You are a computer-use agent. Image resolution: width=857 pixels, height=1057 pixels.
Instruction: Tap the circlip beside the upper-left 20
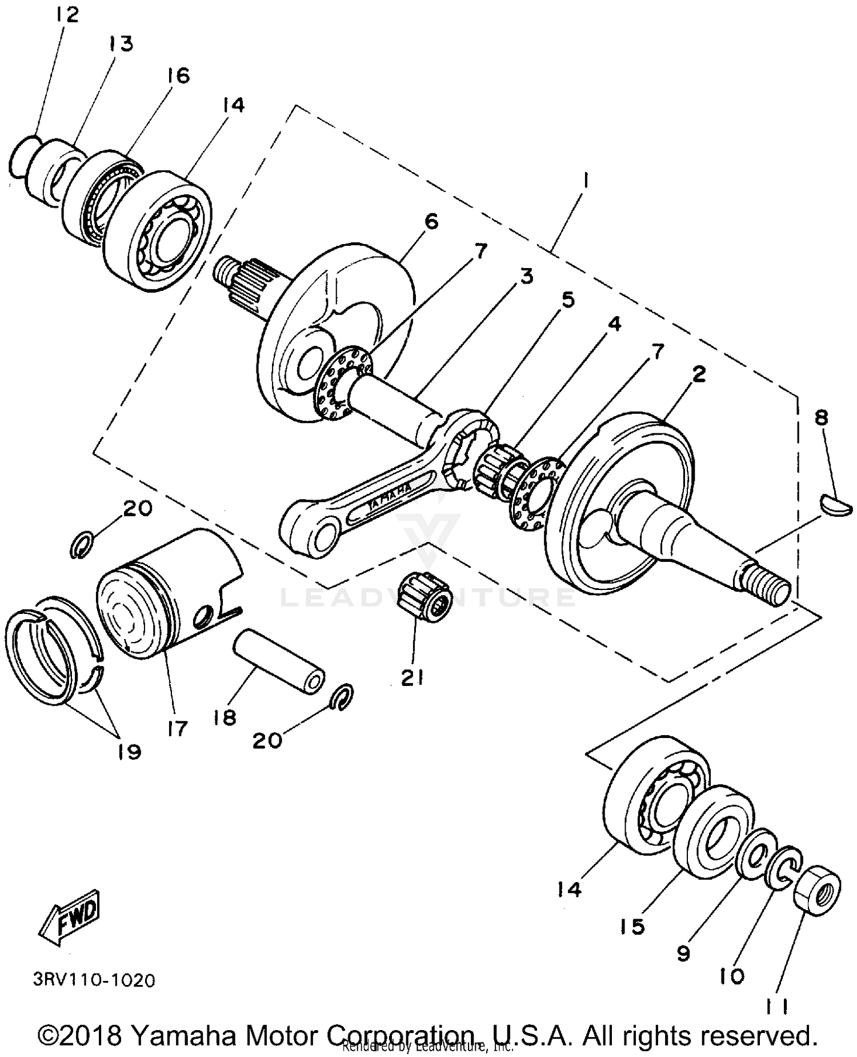click(x=82, y=543)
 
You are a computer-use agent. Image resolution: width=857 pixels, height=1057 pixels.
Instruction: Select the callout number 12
click(x=67, y=14)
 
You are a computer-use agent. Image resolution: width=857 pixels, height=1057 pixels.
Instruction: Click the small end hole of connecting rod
click(x=318, y=537)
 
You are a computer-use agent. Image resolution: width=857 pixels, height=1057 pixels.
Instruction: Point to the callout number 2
click(x=698, y=374)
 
